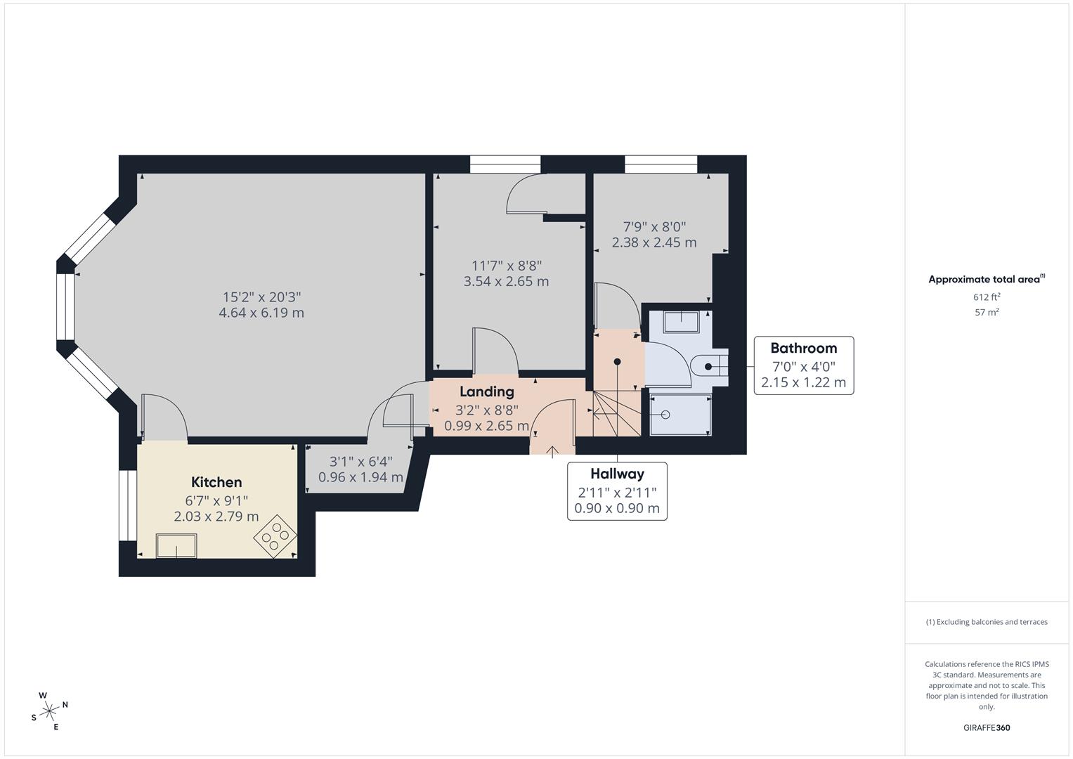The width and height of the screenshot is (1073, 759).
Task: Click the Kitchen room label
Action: point(216,482)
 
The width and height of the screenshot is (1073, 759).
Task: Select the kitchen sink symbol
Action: point(176,546)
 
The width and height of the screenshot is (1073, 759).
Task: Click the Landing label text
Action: point(486,392)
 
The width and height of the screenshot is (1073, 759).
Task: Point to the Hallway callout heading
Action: point(617,474)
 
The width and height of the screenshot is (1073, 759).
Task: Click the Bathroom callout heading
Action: point(803,348)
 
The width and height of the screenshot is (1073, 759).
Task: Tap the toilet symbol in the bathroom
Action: point(706,366)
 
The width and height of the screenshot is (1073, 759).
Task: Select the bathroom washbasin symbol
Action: point(681,321)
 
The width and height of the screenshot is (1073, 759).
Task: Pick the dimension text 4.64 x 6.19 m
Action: point(261,313)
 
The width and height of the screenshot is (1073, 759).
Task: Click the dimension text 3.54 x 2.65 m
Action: point(506,281)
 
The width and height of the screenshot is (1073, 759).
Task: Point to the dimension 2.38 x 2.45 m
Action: point(654,242)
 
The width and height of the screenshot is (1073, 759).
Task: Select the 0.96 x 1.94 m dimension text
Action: point(360,477)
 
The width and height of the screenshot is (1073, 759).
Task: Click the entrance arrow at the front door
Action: point(552,451)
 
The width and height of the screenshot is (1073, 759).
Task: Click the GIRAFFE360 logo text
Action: point(986,728)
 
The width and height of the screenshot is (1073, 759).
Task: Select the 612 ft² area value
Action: point(987,297)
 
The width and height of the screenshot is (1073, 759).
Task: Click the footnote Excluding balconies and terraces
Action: point(987,622)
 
